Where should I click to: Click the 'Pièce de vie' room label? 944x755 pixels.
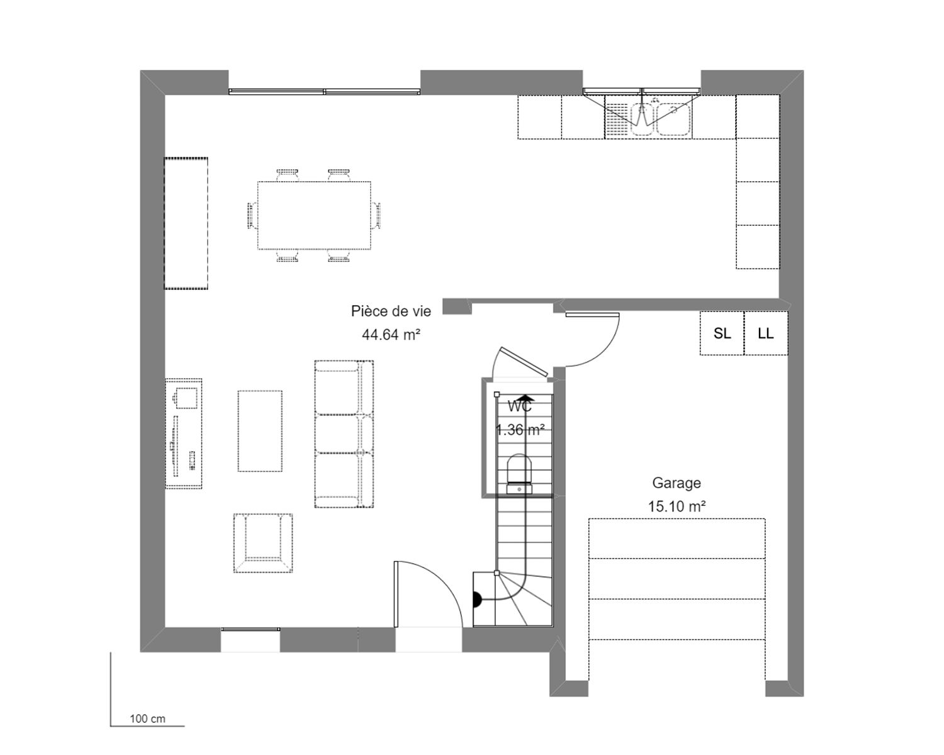(391, 311)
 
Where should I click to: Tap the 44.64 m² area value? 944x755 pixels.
(391, 335)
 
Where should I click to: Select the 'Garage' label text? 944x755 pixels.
(677, 483)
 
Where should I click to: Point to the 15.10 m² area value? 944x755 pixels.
(677, 506)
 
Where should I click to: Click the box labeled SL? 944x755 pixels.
(722, 333)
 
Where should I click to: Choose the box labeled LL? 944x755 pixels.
(766, 333)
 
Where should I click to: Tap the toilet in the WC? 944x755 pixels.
(519, 474)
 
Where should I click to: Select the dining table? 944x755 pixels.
(314, 215)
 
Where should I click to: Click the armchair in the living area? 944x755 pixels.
(263, 543)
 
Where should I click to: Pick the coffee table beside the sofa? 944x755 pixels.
(260, 431)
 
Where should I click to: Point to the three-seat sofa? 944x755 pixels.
(344, 434)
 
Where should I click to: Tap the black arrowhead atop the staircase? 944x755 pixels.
(527, 398)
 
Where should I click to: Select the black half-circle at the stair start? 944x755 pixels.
(477, 599)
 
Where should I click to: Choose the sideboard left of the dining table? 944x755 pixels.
(186, 223)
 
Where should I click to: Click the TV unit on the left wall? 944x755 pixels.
(184, 433)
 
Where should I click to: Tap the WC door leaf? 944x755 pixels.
(524, 362)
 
